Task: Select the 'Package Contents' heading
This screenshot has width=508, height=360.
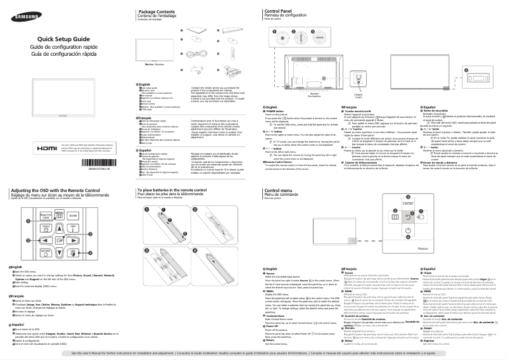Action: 158,12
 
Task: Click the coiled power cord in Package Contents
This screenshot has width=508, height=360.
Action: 198,55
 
